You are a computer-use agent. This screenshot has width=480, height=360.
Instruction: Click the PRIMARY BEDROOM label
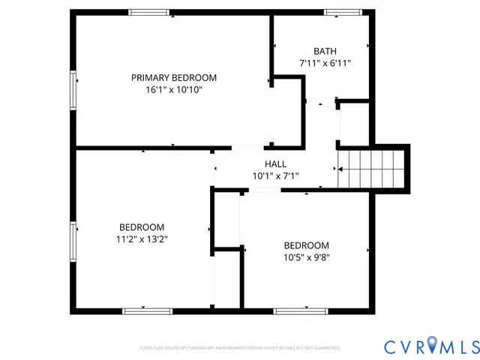(x=174, y=78)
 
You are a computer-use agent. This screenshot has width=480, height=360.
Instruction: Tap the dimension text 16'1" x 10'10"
(x=174, y=90)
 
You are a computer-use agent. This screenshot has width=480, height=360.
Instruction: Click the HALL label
(x=275, y=164)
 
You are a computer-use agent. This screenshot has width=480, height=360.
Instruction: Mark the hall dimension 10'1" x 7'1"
(x=275, y=176)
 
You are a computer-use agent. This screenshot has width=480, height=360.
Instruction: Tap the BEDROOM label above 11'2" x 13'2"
(x=142, y=227)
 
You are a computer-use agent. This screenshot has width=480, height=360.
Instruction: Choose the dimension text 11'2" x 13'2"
(x=142, y=239)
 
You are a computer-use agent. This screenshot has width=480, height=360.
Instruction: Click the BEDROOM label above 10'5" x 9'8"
(x=306, y=245)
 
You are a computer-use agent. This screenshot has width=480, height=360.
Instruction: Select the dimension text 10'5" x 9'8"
(x=306, y=257)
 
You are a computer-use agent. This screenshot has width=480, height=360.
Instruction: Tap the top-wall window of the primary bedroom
(x=148, y=12)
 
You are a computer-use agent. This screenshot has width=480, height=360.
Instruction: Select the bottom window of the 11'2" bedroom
(x=142, y=310)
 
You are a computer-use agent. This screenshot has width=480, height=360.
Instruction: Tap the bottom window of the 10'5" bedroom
(x=301, y=310)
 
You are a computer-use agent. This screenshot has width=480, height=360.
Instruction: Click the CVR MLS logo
(x=431, y=346)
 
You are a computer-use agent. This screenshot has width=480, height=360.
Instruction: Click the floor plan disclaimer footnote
(x=240, y=348)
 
